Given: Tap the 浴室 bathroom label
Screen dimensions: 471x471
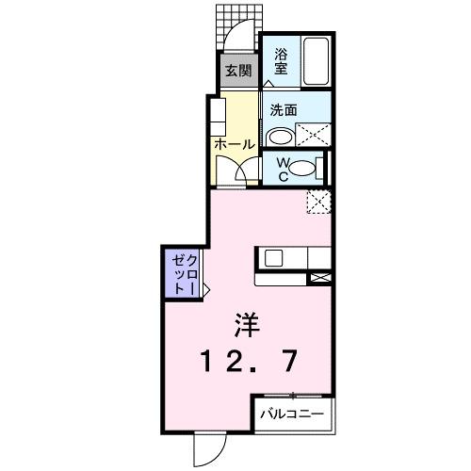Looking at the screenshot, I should click(x=281, y=60).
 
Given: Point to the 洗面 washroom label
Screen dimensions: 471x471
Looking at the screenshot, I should click(x=284, y=110).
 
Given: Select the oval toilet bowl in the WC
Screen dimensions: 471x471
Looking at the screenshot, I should click(x=301, y=169).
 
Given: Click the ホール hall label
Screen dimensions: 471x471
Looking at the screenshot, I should click(x=235, y=144).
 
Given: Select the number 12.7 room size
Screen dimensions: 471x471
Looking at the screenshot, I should click(x=247, y=361).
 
